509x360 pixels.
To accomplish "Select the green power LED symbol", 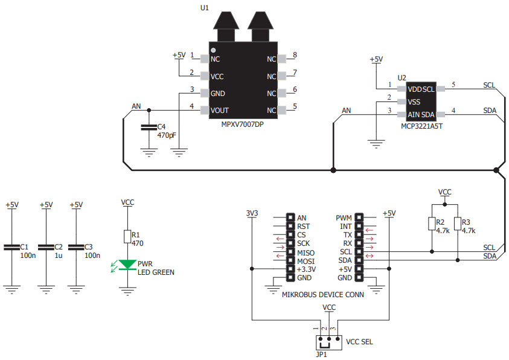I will click(x=127, y=264).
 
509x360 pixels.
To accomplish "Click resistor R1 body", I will click(x=127, y=237).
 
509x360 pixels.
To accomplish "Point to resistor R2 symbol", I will click(x=431, y=225).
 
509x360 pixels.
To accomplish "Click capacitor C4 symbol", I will click(x=149, y=127).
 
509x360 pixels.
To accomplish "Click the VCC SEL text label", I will click(x=359, y=341).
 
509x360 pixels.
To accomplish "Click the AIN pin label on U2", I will click(x=414, y=114).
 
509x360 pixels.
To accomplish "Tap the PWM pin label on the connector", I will click(x=344, y=217).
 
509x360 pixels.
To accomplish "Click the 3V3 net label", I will click(x=252, y=213).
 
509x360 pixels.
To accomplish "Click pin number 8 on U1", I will click(x=294, y=56).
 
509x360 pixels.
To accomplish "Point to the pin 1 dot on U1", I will click(x=213, y=50).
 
